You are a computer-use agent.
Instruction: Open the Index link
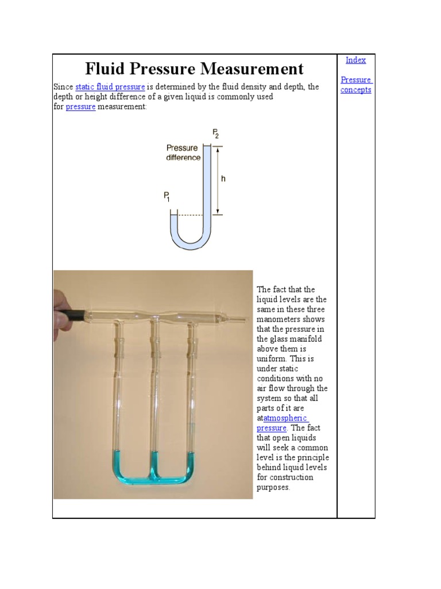[355, 60]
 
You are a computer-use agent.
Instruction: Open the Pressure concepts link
[356, 85]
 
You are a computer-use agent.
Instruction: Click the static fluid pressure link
[110, 87]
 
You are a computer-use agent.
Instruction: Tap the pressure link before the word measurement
[80, 107]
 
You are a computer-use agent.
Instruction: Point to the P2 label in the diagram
[215, 133]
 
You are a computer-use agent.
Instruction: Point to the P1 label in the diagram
[167, 197]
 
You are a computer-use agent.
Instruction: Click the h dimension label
[223, 179]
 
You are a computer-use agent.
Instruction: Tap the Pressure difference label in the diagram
[183, 152]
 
